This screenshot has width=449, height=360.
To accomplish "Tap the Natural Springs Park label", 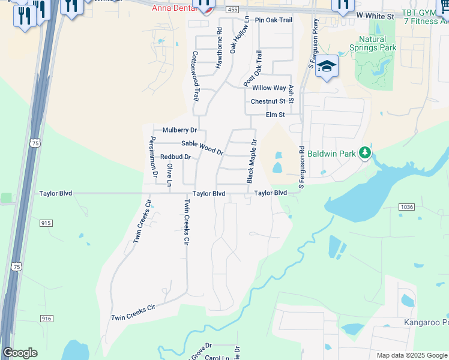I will click(x=373, y=43).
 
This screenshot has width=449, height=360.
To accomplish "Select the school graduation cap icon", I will click(x=327, y=67).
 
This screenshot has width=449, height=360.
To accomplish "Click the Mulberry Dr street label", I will click(x=179, y=130).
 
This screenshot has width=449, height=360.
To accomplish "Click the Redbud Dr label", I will click(x=175, y=157).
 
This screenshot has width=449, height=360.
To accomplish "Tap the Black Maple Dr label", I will click(x=251, y=162).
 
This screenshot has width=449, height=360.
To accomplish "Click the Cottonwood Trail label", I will click(x=195, y=75).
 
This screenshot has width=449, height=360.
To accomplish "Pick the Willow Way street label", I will click(x=269, y=88).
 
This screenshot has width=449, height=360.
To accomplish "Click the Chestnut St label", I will click(x=268, y=101).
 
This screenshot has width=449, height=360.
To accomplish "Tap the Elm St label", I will click(x=275, y=115).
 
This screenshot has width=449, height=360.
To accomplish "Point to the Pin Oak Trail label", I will click(x=273, y=20).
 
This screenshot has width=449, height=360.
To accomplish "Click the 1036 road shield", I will click(x=406, y=206).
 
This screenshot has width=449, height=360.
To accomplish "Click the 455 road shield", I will click(x=232, y=10).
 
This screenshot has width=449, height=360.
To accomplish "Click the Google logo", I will click(x=20, y=353).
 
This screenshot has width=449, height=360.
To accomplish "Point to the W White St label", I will click(x=375, y=14).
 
